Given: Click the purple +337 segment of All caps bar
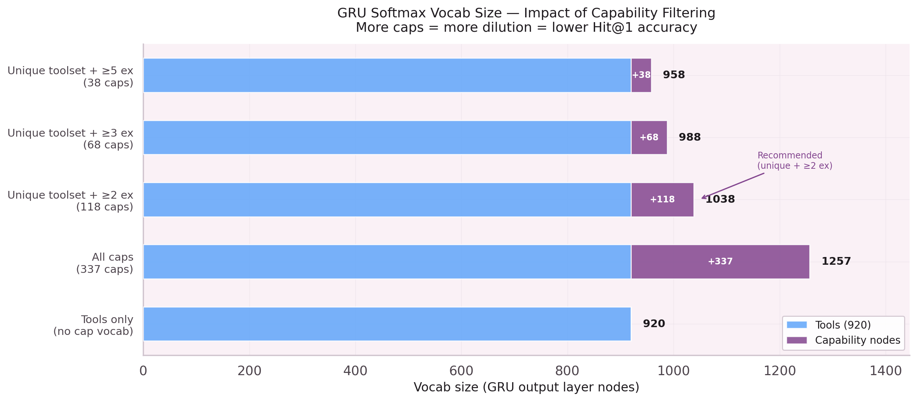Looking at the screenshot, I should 720,261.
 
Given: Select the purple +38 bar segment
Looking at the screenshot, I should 641,75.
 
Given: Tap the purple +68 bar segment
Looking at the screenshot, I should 649,137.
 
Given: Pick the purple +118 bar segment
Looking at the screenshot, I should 662,199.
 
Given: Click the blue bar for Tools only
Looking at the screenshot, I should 387,324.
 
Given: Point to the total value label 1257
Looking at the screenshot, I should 836,261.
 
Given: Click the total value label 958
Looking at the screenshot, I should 673,75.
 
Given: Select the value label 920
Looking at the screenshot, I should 654,324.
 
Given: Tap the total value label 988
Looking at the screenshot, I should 689,137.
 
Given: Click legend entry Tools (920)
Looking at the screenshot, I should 842,325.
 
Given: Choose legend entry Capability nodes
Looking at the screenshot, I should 857,340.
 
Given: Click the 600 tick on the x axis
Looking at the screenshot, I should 461,371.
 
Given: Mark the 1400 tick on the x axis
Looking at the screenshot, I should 885,371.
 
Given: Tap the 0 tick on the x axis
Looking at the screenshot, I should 143,371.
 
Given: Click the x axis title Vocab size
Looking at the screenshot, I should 526,387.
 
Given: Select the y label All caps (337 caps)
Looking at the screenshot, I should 104,263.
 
